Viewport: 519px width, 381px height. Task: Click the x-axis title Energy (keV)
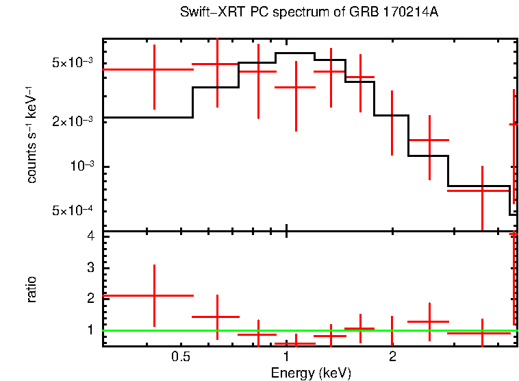tap(311, 373)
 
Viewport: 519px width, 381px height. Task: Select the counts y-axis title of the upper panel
tap(31, 134)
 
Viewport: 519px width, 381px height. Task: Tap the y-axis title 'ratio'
tap(31, 289)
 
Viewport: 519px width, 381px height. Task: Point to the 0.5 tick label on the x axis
tap(180, 357)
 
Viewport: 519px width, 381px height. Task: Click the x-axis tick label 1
tap(286, 357)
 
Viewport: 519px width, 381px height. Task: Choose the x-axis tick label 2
tap(392, 357)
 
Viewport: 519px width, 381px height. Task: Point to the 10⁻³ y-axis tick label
tap(81, 166)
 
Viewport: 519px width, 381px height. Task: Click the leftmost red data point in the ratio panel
tap(155, 295)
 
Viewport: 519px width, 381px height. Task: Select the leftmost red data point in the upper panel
tap(155, 69)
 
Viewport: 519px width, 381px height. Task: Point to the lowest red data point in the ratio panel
tap(295, 343)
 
